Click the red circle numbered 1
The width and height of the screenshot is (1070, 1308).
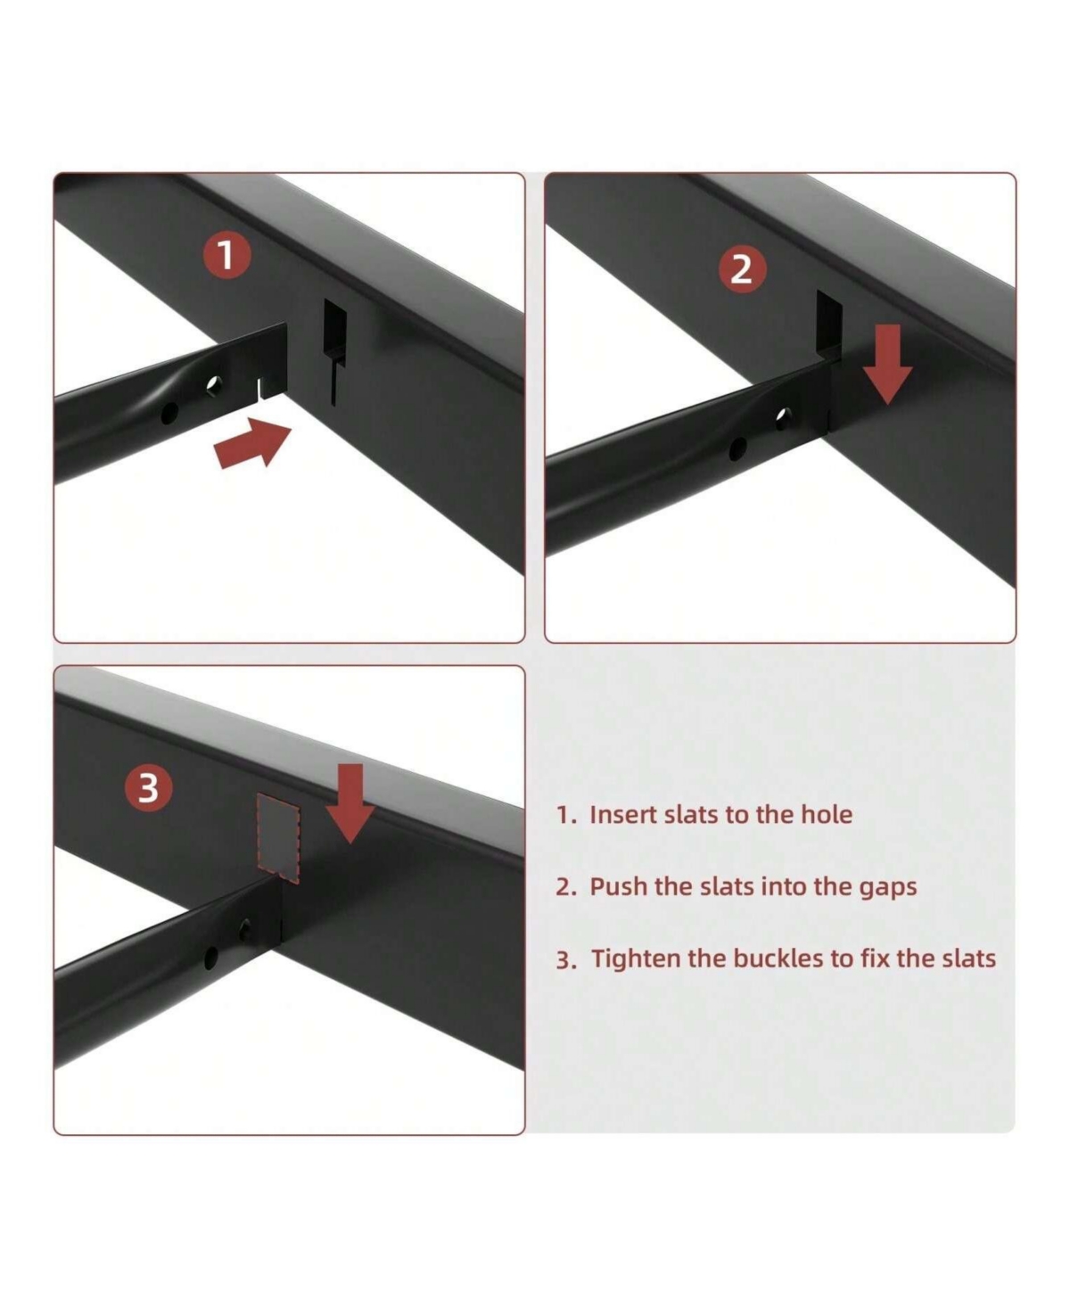coord(227,255)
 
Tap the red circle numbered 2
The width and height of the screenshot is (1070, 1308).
coord(742,270)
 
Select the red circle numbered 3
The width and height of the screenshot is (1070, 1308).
coord(148,789)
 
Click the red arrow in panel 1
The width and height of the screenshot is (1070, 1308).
coord(252,441)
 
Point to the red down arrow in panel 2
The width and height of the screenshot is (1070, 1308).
coord(887,364)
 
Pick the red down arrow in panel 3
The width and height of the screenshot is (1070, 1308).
coord(350,803)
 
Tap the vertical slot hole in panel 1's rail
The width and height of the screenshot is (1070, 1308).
coord(335,351)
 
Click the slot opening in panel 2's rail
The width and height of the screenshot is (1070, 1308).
coord(828,325)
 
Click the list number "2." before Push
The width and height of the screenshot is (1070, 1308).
coord(565,887)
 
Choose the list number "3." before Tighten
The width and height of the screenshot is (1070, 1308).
coord(565,960)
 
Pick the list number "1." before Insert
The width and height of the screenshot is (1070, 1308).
coord(566,816)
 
